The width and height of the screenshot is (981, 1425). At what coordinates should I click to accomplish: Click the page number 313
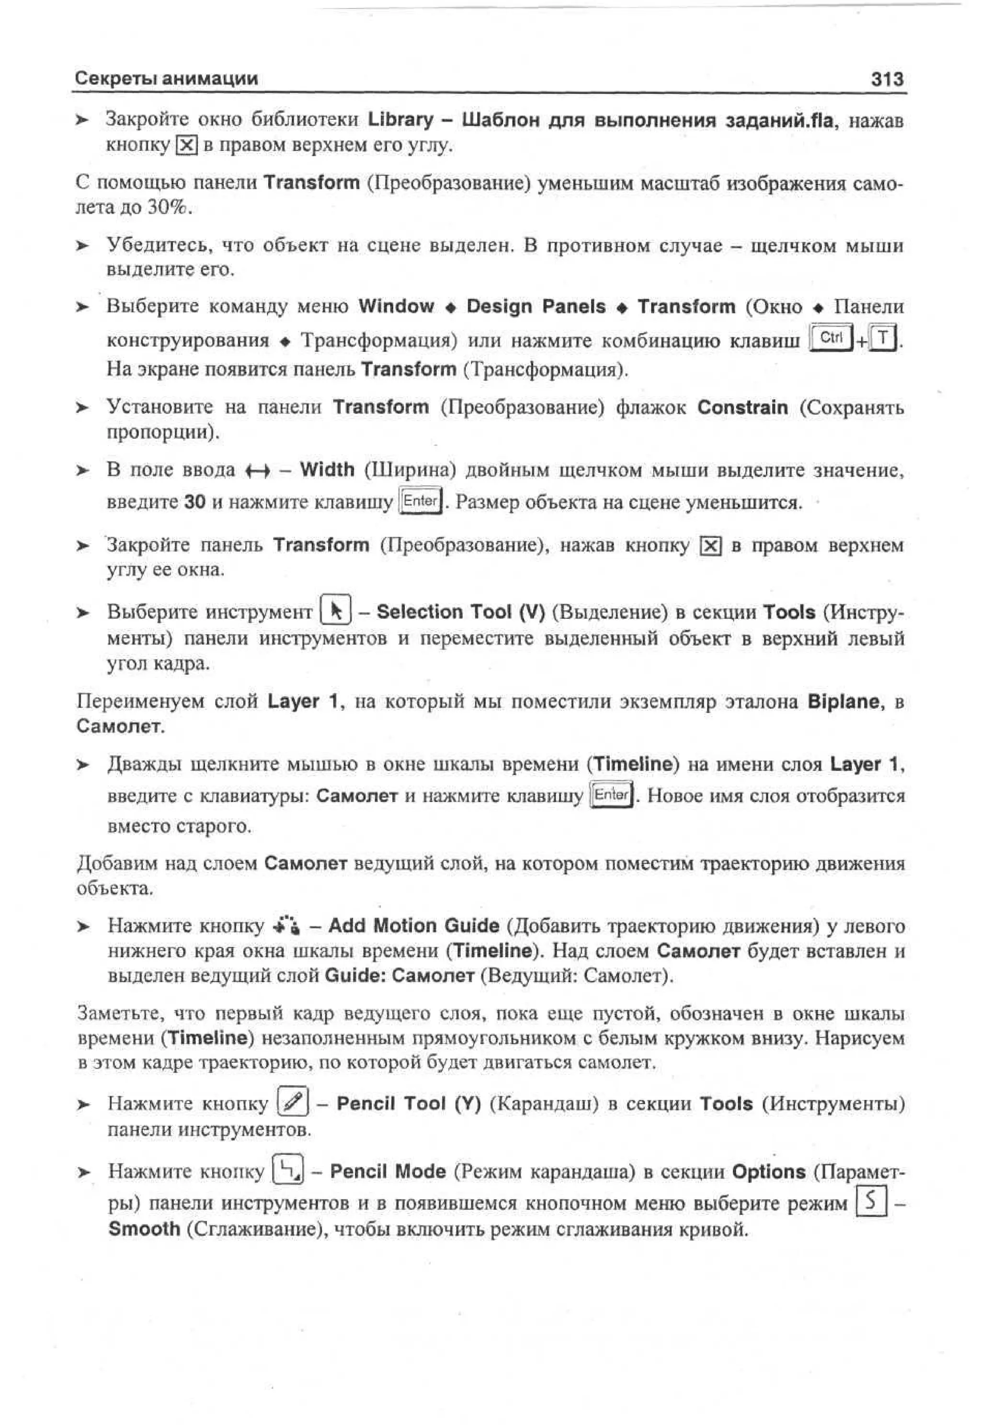tap(887, 79)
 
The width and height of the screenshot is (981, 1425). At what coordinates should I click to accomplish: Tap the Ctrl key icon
tap(832, 338)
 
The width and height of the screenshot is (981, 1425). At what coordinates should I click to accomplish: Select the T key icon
tap(883, 339)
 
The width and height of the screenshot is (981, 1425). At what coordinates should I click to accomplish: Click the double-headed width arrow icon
tap(257, 471)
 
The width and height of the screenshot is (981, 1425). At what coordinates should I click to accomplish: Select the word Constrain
tap(742, 408)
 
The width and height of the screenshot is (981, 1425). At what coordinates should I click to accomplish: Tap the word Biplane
tap(844, 701)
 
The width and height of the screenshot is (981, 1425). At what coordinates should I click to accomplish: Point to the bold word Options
tap(768, 1171)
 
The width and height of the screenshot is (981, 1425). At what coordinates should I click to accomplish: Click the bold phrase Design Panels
tap(536, 306)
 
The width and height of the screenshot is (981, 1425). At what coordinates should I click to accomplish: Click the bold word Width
tap(327, 470)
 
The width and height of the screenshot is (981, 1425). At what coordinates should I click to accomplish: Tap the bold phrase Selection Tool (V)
tap(461, 612)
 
